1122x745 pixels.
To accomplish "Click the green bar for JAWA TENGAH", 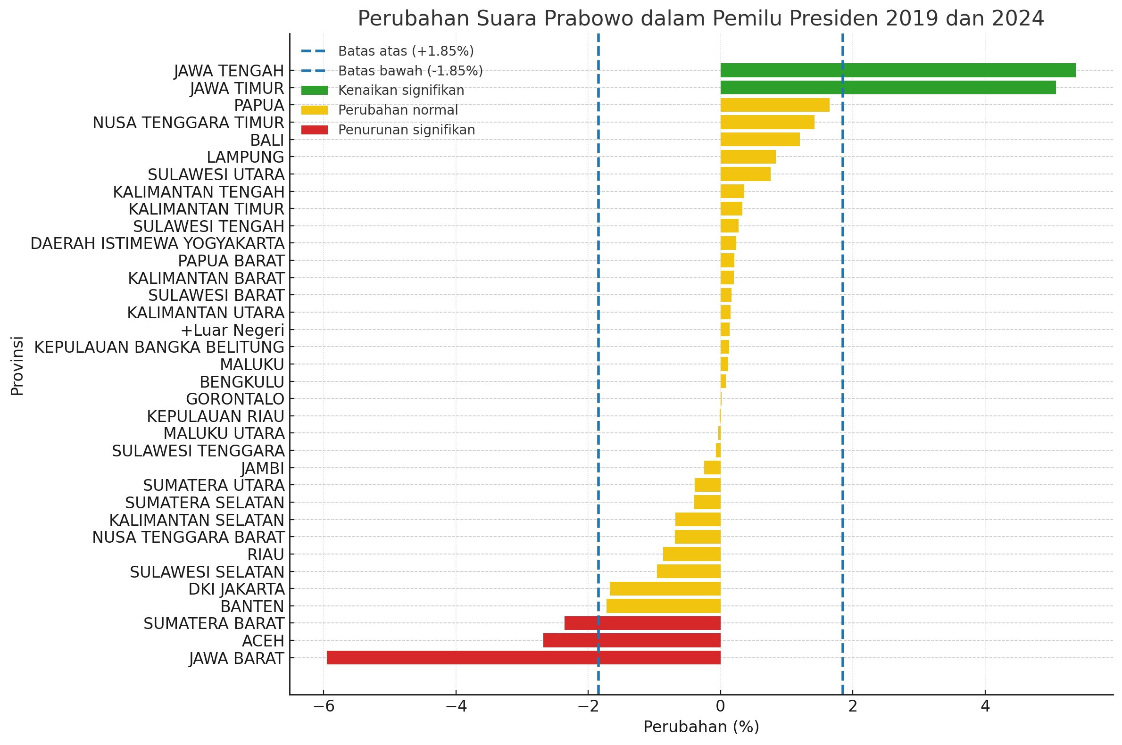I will [898, 70].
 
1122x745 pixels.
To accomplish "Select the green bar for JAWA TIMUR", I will [888, 88].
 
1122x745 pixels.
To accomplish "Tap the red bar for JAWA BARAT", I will [523, 658].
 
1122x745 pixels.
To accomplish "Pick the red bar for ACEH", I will [632, 640].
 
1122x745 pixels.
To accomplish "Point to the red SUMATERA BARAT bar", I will [642, 623].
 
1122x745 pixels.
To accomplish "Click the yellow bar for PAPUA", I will [774, 105].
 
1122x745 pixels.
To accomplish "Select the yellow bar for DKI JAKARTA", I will [665, 588].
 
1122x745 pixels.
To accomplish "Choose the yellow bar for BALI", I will [760, 140].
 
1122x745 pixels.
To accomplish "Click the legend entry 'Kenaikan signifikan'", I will [400, 90].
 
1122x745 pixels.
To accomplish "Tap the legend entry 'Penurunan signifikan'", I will [407, 130].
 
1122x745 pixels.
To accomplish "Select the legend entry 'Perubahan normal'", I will [398, 110].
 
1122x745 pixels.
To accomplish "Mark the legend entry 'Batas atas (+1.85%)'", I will [406, 51].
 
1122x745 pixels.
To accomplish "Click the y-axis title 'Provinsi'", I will [17, 366].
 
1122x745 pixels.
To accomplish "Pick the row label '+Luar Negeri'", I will [233, 330].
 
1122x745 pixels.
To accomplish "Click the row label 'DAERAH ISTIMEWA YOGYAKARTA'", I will [158, 243].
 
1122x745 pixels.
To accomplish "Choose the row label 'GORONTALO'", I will [235, 399].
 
